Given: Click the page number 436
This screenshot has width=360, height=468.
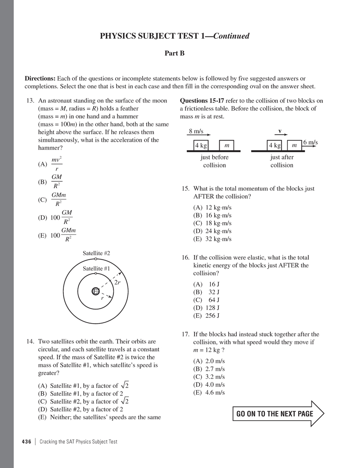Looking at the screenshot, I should coord(27,441).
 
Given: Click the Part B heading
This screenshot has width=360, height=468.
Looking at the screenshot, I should coord(175,54).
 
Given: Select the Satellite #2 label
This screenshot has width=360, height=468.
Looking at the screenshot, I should coord(96,253).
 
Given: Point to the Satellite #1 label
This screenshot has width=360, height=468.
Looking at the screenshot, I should coord(96,269).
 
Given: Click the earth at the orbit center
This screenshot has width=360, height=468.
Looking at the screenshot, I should coord(95,291).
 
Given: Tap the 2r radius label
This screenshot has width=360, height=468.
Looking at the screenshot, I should coord(118,282).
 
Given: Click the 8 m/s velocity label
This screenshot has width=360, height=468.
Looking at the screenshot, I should coord(196,131).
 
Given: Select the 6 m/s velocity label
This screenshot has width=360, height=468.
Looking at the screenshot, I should coord(310,143).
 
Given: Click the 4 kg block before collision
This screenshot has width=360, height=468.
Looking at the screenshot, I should coord(201,145).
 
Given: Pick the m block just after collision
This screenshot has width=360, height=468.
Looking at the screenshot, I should coord(294,145).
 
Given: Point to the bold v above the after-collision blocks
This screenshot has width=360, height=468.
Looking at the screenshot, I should coord(280,131).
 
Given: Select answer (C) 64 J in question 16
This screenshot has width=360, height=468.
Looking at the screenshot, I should coord(207,300).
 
